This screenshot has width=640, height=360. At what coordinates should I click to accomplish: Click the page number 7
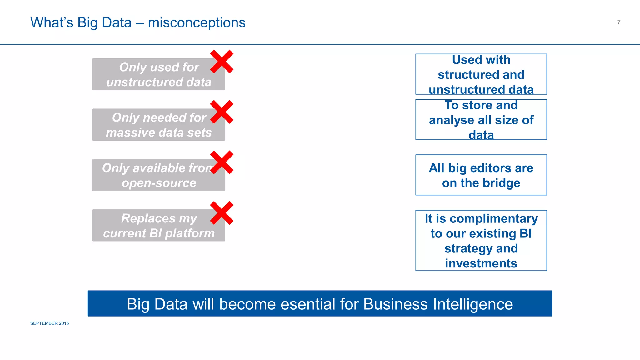pyautogui.click(x=619, y=22)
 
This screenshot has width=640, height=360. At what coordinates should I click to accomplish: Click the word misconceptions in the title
pyautogui.click(x=197, y=23)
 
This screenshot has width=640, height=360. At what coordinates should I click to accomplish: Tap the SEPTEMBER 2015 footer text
pyautogui.click(x=49, y=323)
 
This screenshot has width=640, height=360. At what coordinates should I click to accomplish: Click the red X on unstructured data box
pyautogui.click(x=222, y=62)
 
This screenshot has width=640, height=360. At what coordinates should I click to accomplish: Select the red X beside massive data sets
pyautogui.click(x=222, y=112)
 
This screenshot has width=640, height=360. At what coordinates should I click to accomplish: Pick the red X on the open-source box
pyautogui.click(x=222, y=162)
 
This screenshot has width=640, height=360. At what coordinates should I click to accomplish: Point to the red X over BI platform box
pyautogui.click(x=222, y=213)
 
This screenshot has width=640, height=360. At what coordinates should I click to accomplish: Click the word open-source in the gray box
pyautogui.click(x=159, y=183)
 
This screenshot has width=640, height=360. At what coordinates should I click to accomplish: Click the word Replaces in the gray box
pyautogui.click(x=148, y=218)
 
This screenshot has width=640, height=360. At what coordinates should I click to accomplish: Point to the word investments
pyautogui.click(x=481, y=263)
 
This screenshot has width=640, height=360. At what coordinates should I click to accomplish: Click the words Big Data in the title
pyautogui.click(x=104, y=23)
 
